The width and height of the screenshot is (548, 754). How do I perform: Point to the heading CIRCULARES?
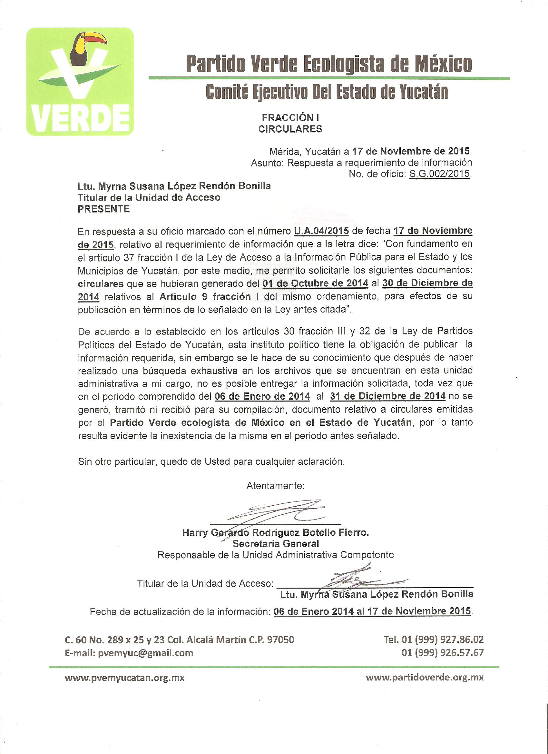pos(290,129)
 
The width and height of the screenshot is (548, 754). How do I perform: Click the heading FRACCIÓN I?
pos(290,118)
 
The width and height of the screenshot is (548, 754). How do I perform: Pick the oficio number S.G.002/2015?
pos(439,174)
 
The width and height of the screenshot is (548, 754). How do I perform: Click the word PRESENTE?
pos(104,209)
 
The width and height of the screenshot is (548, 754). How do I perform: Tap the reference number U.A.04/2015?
pos(321,231)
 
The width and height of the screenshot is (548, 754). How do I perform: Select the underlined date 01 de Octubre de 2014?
pos(315,283)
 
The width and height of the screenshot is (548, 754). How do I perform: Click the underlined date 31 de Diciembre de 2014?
pos(387,396)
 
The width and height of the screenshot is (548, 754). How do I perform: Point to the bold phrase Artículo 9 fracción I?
pos(205,296)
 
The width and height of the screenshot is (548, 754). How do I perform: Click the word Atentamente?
pos(275,486)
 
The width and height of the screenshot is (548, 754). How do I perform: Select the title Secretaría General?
pos(276,543)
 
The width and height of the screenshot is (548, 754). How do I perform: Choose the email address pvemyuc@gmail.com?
pos(146,653)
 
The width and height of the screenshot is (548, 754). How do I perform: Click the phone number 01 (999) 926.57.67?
pos(442,653)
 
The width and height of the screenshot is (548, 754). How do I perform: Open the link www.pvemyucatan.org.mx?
pos(125,678)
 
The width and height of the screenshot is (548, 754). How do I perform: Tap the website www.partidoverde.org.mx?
pos(424,678)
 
